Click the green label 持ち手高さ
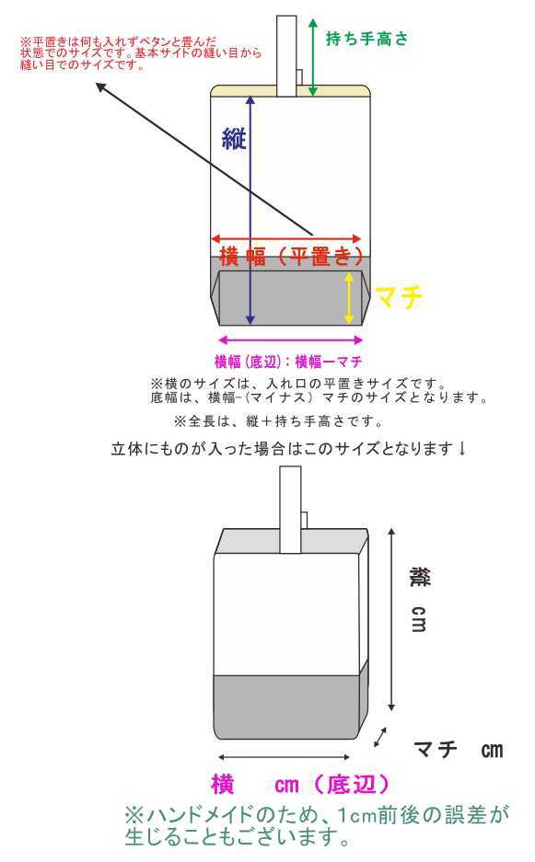pos(367,39)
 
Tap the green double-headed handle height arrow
pos(313,57)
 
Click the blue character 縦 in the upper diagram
pos(233,139)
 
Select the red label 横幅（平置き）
pos(292,256)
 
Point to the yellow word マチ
pos(399,297)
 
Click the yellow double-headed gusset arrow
pos(348,298)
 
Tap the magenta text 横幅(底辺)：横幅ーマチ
pos(288,362)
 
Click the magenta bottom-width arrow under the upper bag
pos(290,340)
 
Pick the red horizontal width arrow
pos(286,238)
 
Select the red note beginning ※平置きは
pos(140,52)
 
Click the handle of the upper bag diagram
pos(286,55)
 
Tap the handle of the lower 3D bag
pos(291,509)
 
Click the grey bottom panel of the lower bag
pos(286,707)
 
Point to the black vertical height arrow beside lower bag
pos(391,619)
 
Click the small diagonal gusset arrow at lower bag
pos(379,737)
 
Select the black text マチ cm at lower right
pos(458,750)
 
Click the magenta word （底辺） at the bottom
pos(352,785)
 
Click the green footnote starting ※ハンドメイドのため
pos(317,825)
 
